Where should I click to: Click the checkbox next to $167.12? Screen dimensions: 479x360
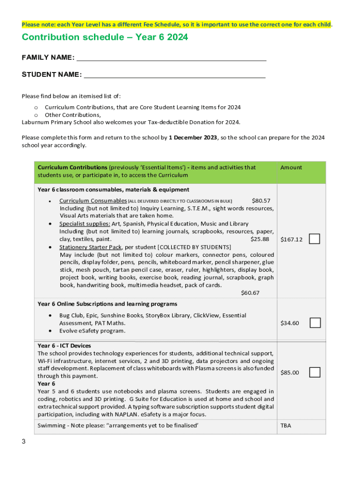(315, 239)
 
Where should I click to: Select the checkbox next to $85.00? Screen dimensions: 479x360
(315, 372)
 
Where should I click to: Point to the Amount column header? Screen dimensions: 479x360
(291, 167)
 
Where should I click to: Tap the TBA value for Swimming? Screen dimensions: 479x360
(286, 426)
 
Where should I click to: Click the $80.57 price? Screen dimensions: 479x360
(261, 200)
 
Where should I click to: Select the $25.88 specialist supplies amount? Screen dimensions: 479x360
(260, 239)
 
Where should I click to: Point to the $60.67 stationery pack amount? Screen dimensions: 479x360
(250, 293)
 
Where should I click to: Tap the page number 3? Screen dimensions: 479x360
(23, 442)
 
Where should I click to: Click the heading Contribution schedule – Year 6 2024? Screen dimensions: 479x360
(105, 37)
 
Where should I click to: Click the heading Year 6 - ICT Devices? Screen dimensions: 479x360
(65, 346)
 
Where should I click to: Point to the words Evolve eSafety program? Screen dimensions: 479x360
(92, 331)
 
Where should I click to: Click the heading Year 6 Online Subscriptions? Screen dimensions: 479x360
(107, 304)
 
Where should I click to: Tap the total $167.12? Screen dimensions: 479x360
(291, 239)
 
